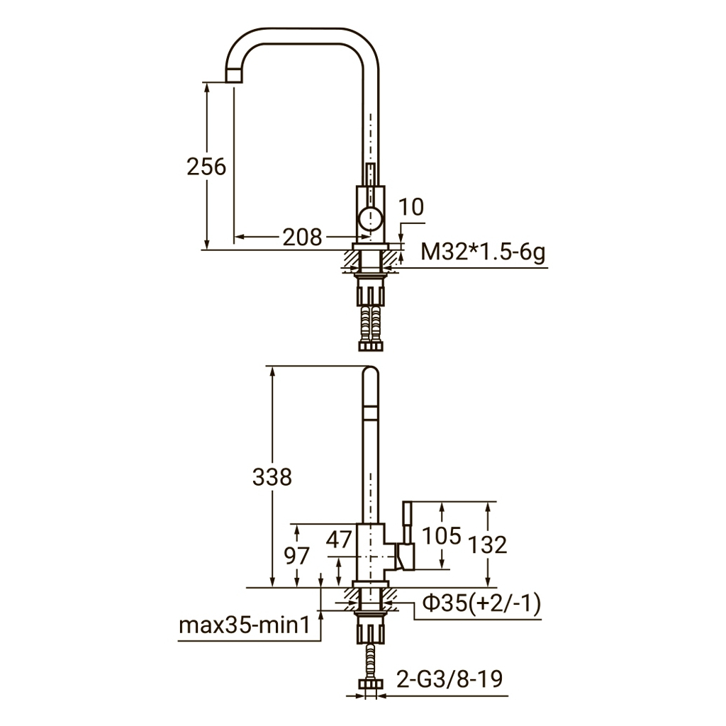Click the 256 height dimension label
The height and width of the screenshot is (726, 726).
(206, 167)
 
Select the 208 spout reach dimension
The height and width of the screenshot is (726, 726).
(302, 238)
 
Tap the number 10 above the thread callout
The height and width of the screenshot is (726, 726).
(411, 207)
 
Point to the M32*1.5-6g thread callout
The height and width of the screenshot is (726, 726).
(482, 253)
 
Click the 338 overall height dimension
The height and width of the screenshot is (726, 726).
(272, 477)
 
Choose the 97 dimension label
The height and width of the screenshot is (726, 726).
(296, 556)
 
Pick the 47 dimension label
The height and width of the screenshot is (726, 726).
(338, 540)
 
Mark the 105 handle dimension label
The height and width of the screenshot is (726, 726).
(442, 536)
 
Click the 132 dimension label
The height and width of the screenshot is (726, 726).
(488, 545)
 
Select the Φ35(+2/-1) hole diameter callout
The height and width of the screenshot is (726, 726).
(482, 604)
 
